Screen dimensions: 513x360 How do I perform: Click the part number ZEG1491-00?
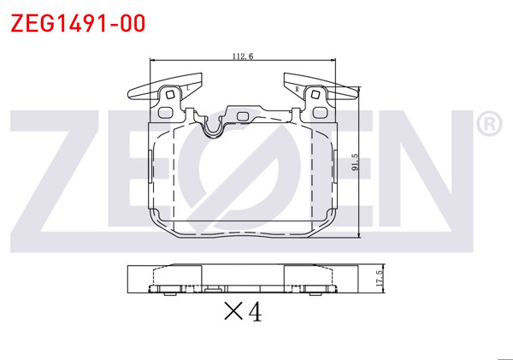78,23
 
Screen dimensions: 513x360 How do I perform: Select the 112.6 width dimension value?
243,56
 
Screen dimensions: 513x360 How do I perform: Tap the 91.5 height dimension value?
356,162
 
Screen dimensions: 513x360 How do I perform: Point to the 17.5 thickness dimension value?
380,279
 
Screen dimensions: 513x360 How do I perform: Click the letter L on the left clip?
188,88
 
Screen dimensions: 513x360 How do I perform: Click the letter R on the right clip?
297,89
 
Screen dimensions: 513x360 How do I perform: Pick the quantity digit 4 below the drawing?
255,311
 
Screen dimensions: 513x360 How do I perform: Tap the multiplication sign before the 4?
233,311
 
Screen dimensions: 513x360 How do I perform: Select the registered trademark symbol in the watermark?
489,124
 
